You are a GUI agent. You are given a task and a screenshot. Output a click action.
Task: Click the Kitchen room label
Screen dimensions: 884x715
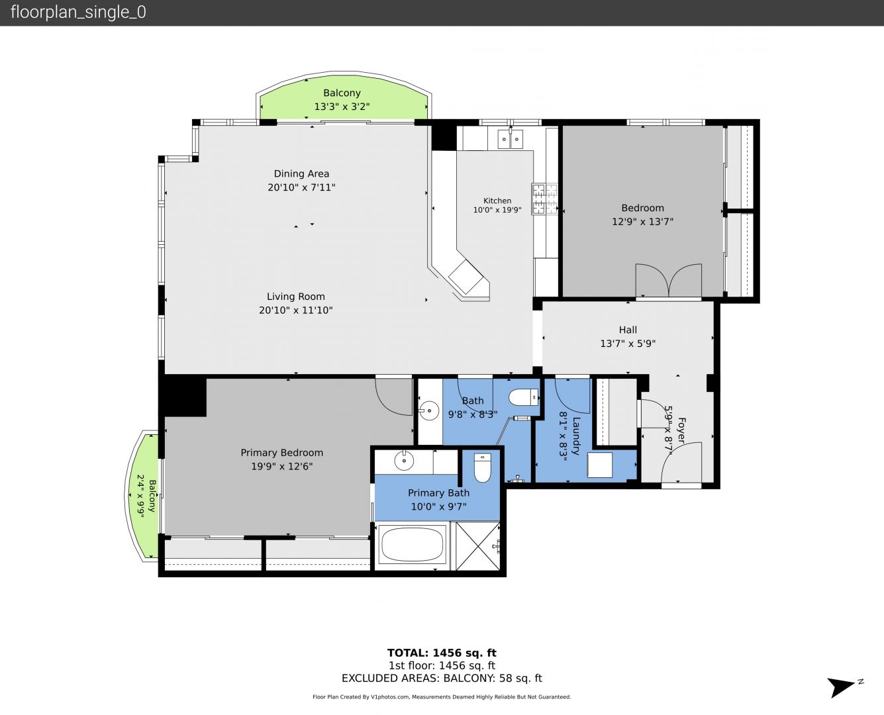tap(497, 201)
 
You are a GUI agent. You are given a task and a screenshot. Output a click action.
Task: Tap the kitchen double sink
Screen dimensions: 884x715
tap(510, 138)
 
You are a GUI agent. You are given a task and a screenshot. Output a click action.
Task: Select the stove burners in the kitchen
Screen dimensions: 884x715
tap(544, 199)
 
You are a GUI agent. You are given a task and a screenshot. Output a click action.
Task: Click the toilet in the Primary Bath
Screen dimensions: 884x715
tap(482, 467)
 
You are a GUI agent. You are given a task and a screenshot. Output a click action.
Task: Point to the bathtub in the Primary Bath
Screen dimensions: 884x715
tap(412, 544)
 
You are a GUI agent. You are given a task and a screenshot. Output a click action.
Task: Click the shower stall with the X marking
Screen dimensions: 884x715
tap(477, 546)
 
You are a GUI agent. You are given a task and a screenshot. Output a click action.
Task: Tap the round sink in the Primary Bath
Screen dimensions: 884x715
tap(404, 460)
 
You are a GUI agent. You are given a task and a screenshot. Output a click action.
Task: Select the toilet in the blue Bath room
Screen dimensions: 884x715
tap(523, 397)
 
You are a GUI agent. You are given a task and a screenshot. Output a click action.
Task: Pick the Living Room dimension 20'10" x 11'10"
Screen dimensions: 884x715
tap(296, 310)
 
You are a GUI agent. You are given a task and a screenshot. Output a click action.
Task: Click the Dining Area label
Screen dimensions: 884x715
tap(301, 174)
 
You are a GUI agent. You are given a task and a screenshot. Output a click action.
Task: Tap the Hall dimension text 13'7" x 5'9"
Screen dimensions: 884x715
tap(628, 344)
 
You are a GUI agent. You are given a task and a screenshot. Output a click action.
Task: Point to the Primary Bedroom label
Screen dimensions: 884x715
tap(282, 453)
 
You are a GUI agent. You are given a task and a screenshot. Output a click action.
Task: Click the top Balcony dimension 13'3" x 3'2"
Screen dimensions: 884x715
tap(342, 107)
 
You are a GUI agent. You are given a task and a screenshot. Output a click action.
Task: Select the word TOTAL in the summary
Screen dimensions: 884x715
tap(408, 653)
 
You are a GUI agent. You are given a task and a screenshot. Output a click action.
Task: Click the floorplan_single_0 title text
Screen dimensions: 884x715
tap(78, 13)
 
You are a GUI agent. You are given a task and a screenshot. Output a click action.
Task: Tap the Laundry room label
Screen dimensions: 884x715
tap(575, 436)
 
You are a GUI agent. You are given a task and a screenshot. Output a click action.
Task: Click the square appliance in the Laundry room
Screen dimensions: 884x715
tap(600, 465)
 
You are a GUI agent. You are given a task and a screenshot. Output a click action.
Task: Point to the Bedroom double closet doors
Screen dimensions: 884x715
tap(669, 280)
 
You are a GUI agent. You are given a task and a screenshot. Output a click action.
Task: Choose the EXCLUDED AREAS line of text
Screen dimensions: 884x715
tap(442, 679)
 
